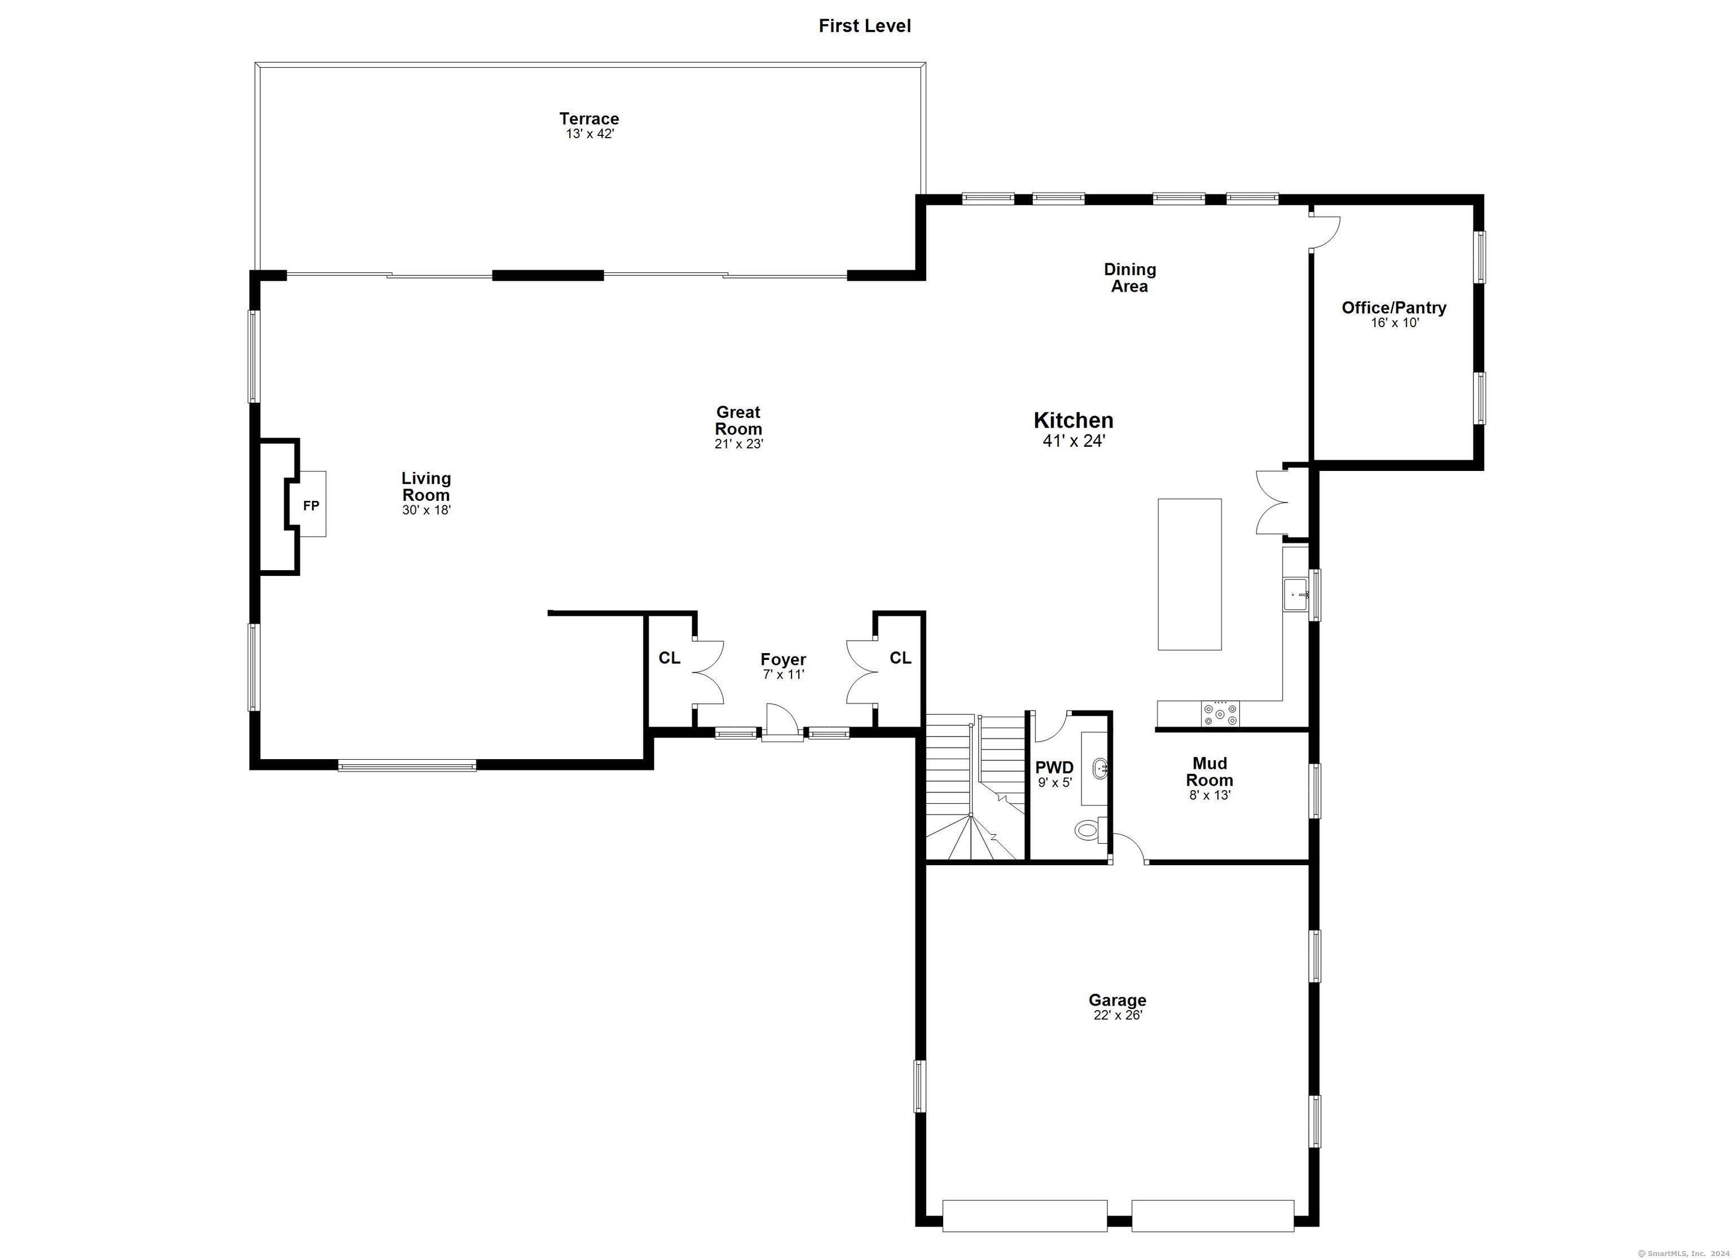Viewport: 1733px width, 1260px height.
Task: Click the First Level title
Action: point(864,26)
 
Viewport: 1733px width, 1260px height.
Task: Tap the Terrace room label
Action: point(588,118)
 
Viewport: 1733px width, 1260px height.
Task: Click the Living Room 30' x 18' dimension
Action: point(426,510)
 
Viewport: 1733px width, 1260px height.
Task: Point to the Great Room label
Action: point(738,420)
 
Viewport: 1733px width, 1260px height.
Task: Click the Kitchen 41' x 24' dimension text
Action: point(1074,441)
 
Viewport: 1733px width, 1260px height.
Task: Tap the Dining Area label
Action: point(1129,277)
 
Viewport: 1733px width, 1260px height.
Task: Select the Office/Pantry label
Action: point(1394,307)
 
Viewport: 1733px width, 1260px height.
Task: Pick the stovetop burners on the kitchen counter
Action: point(1220,713)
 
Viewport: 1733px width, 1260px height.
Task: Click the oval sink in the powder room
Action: point(1099,769)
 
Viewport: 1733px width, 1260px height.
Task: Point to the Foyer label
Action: point(783,659)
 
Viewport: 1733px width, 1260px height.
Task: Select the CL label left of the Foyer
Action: point(670,658)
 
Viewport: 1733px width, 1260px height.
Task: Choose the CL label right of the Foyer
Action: point(900,658)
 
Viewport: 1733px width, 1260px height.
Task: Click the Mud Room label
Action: point(1209,772)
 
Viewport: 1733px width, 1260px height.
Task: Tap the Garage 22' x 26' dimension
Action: point(1117,1015)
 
